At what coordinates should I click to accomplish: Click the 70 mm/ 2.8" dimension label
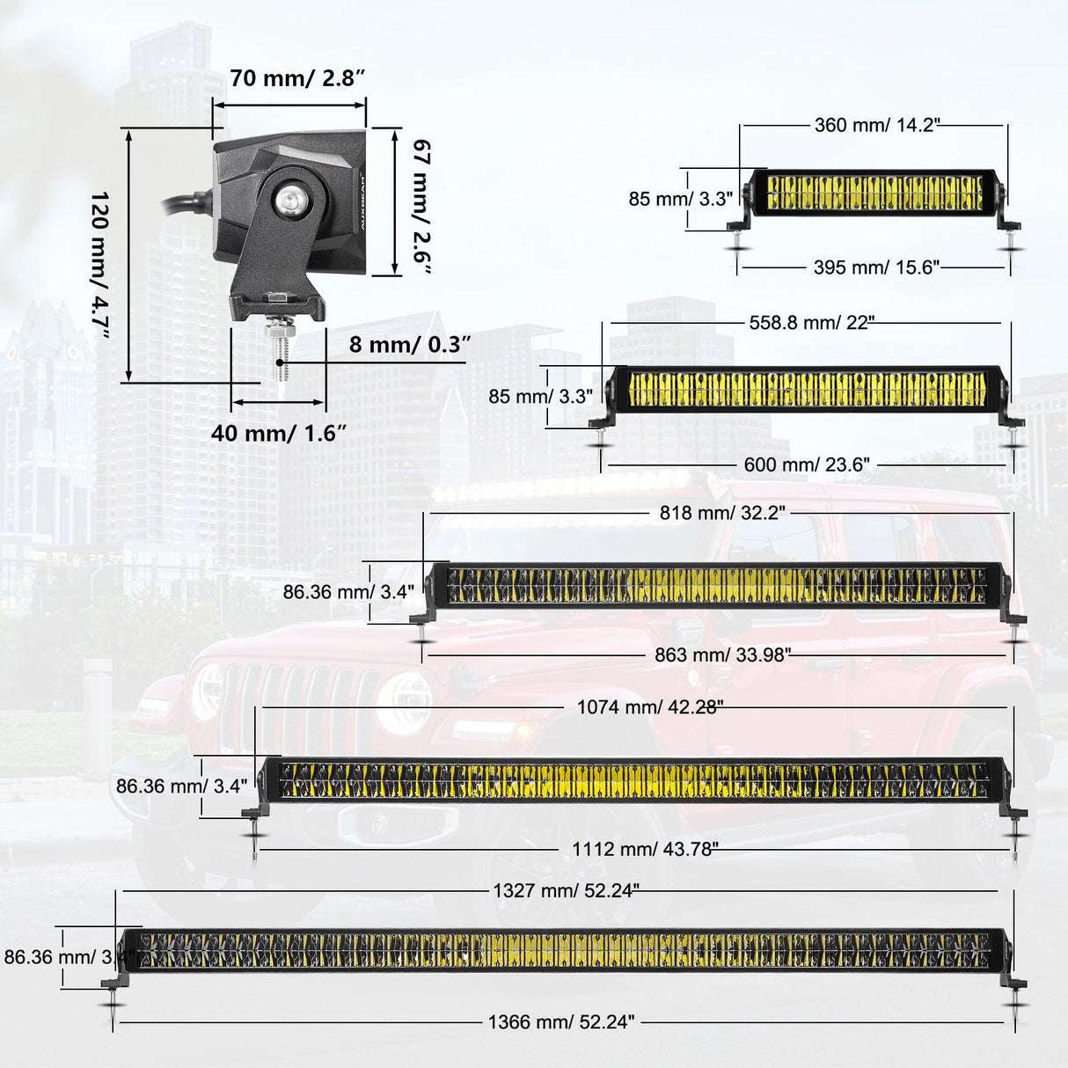298,78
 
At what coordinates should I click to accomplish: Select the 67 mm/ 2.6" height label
421,207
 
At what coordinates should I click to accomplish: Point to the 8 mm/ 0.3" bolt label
410,344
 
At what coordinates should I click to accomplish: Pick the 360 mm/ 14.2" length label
877,125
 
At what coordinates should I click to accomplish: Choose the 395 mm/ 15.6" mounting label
877,267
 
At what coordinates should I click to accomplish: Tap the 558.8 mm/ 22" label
812,323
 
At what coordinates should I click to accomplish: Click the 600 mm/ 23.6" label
807,465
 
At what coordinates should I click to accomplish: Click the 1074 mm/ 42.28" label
651,707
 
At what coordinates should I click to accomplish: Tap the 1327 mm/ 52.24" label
567,890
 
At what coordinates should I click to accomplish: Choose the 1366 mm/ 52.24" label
561,1021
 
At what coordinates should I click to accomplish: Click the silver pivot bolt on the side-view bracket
289,198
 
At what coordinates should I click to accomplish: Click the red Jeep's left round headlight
208,692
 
